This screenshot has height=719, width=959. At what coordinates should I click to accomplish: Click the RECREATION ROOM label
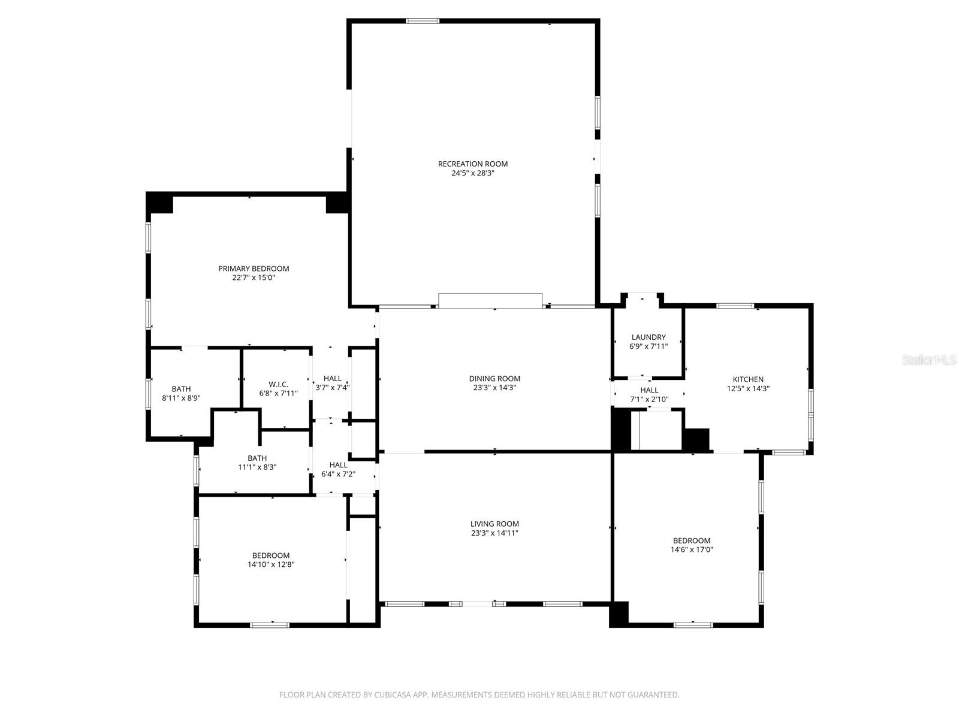point(472,164)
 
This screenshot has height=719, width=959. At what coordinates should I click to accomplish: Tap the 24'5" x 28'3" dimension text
point(472,173)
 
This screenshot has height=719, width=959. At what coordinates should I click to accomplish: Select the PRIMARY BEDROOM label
point(254,268)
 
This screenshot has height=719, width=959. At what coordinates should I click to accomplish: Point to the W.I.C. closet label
point(278,384)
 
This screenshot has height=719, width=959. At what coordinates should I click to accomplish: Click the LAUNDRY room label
point(649,337)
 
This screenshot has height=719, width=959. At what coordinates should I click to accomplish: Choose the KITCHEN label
point(748,379)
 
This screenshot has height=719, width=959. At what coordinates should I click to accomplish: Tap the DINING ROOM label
point(494,378)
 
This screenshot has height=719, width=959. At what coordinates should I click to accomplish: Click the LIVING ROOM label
point(494,524)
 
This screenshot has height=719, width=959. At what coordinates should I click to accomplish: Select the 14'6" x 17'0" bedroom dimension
point(692,549)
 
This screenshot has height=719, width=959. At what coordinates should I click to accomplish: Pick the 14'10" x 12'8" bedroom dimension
point(271,564)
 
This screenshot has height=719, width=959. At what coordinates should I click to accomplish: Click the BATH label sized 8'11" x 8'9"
point(181,389)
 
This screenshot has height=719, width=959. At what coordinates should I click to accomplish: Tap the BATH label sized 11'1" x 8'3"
point(257,458)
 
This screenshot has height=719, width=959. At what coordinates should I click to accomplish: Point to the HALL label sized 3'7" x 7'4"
point(333,378)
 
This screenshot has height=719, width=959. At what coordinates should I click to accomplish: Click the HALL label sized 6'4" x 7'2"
point(338,464)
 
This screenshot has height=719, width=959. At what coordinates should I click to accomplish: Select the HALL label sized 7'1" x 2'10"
point(649,390)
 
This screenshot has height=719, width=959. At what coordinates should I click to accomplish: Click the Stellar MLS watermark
point(929,359)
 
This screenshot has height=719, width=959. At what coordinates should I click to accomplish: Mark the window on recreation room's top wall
point(423,21)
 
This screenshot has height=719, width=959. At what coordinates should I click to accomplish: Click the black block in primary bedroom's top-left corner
point(160,203)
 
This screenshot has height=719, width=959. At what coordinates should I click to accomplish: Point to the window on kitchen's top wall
point(735,306)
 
